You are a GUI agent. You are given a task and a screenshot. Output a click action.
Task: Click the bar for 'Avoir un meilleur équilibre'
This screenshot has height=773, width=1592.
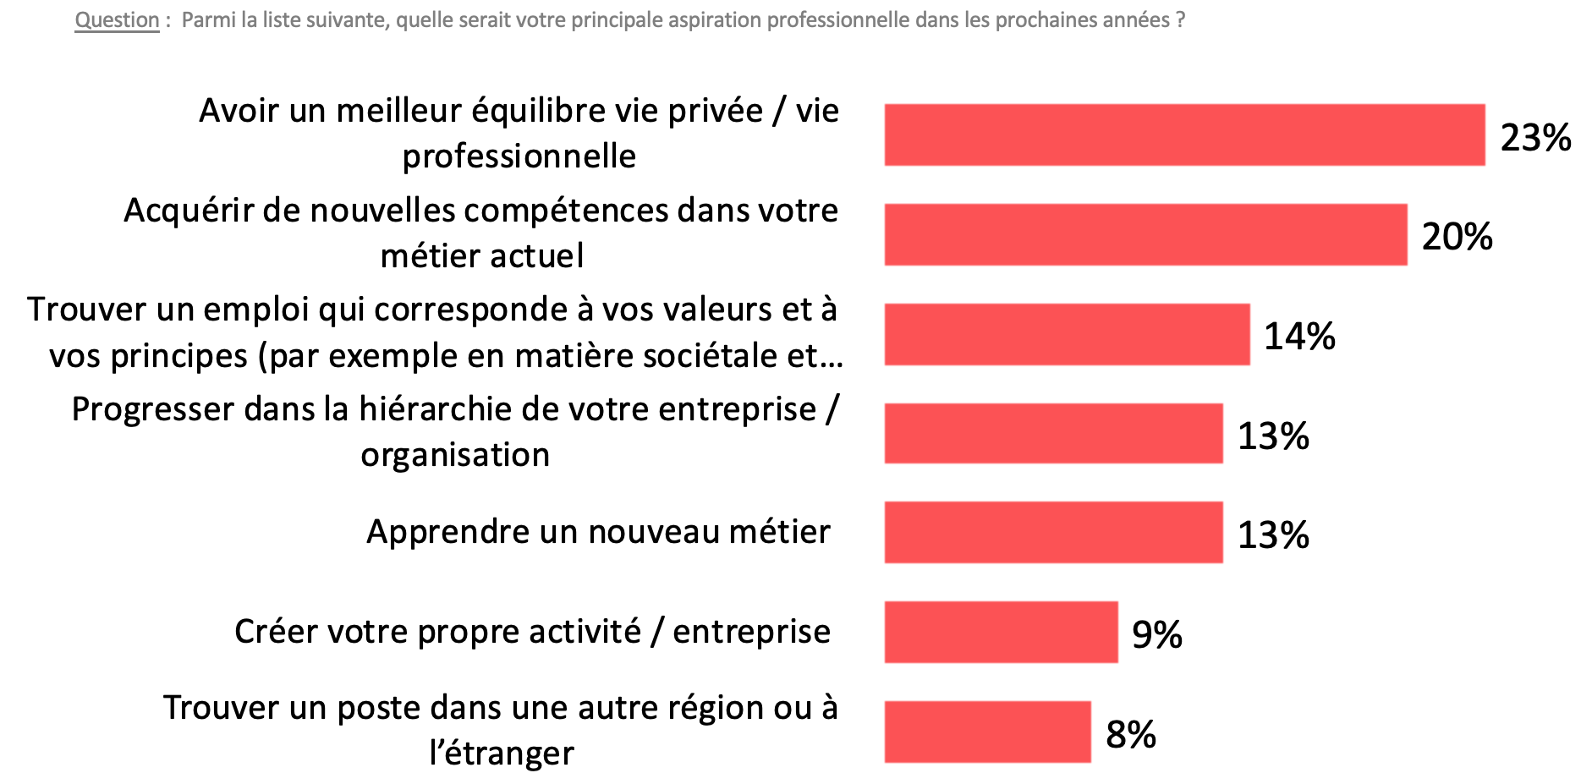click(1184, 135)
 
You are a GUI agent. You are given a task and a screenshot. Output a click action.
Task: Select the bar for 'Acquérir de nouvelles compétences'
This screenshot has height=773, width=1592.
click(1145, 235)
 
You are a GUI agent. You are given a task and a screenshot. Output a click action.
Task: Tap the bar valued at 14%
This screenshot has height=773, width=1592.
click(1067, 335)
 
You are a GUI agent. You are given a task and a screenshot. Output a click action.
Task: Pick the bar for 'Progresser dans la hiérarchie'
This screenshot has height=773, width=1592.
click(1053, 434)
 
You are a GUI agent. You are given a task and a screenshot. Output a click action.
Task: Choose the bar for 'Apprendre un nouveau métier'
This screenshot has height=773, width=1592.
click(1053, 533)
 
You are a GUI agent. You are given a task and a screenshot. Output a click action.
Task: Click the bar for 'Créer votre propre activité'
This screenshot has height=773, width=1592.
click(1001, 633)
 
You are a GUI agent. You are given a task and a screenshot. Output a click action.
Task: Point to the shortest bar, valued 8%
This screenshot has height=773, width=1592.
click(987, 732)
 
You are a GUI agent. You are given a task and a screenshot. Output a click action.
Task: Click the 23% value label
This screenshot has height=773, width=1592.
click(1535, 138)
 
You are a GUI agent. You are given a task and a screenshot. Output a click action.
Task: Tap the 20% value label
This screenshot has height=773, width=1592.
click(1457, 237)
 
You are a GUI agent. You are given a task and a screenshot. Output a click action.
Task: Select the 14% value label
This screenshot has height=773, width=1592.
click(1299, 337)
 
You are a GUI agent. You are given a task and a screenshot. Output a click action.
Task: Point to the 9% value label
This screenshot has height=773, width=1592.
click(1156, 635)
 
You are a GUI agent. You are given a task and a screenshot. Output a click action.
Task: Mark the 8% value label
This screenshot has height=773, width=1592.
click(1130, 735)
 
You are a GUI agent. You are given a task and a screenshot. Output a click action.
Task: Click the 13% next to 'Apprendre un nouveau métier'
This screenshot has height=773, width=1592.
click(1273, 535)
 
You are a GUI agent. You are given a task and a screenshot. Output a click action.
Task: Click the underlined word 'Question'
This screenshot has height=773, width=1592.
click(117, 20)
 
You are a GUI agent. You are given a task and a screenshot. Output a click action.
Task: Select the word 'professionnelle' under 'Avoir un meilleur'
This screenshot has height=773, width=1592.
click(519, 156)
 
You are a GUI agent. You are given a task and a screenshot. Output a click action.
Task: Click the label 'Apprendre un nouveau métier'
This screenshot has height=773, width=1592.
click(598, 532)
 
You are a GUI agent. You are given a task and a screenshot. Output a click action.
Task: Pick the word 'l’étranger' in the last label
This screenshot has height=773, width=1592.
click(501, 753)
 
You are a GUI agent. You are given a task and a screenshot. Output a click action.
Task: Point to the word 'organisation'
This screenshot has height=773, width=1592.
click(455, 455)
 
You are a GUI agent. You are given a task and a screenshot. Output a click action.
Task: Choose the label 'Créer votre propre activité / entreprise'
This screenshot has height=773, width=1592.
click(532, 632)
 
